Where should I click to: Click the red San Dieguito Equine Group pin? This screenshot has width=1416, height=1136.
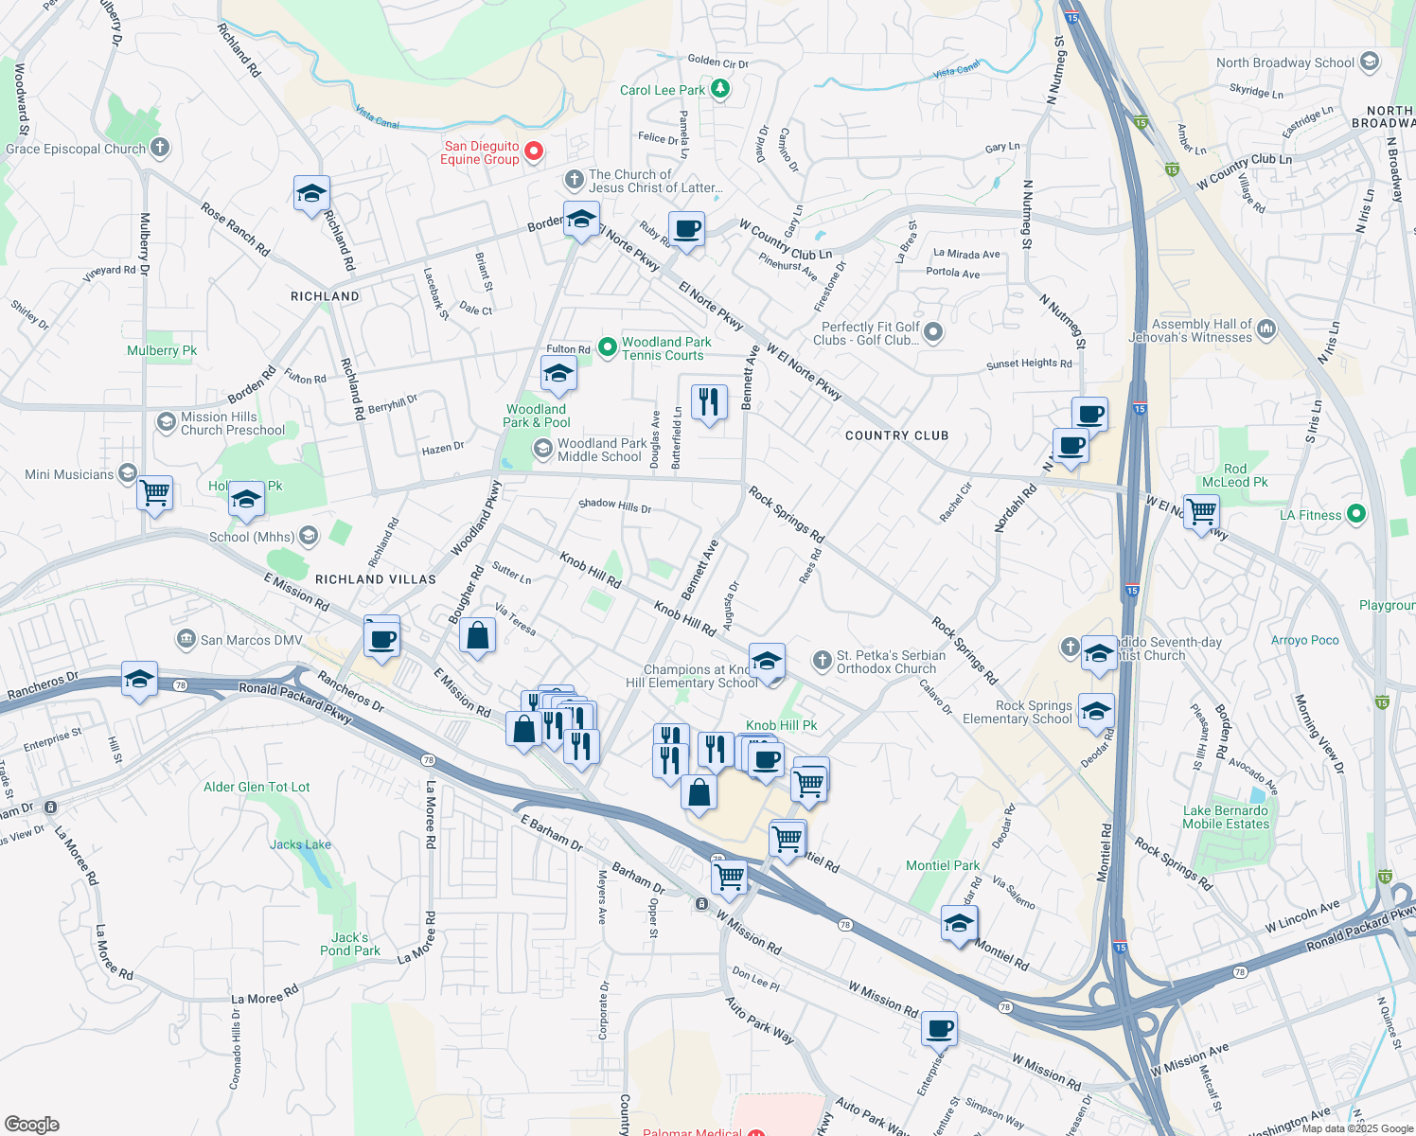click(x=534, y=151)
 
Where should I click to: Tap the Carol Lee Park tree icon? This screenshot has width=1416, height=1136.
click(x=720, y=89)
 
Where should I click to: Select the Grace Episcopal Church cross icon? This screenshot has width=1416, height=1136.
click(x=160, y=147)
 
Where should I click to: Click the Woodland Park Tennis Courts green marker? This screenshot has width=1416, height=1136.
click(x=608, y=347)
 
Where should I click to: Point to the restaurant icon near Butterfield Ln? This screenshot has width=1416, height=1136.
click(x=709, y=402)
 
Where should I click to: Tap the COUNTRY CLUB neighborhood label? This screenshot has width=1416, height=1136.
click(x=896, y=435)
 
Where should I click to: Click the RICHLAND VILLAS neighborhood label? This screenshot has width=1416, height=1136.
click(x=376, y=579)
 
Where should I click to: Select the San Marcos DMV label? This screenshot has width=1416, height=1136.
click(x=251, y=640)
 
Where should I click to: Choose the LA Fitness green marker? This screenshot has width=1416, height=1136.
click(x=1356, y=514)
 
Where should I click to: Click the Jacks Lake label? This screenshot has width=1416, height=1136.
click(x=300, y=844)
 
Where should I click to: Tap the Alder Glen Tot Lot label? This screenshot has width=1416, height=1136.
click(x=257, y=787)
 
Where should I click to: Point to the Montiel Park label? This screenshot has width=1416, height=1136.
click(x=943, y=865)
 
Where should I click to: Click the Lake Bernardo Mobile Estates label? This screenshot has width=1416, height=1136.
click(x=1225, y=817)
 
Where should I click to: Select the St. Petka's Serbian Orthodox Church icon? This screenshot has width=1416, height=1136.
click(x=823, y=659)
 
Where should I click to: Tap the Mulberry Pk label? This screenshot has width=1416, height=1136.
click(x=162, y=350)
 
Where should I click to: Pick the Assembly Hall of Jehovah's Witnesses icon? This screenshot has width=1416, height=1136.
click(x=1266, y=329)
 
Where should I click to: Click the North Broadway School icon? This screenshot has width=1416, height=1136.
click(x=1369, y=62)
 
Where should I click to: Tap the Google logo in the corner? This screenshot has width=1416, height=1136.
click(x=32, y=1124)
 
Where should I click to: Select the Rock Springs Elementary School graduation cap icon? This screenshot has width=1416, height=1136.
click(x=1095, y=711)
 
